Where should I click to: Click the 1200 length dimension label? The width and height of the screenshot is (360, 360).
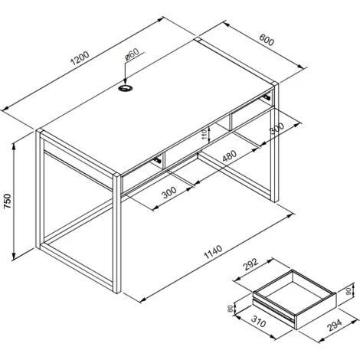point(80,58)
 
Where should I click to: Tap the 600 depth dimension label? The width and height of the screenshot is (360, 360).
point(267,40)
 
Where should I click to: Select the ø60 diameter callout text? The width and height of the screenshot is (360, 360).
point(132,54)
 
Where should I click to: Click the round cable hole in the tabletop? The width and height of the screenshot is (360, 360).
point(126,88)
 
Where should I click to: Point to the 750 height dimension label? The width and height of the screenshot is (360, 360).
point(8,201)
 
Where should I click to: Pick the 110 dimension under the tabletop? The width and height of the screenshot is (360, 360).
point(205,134)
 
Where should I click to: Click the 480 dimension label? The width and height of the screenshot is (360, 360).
point(229,156)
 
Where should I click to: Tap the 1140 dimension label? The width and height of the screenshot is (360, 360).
point(213,252)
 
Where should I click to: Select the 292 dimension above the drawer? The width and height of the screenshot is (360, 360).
point(250,265)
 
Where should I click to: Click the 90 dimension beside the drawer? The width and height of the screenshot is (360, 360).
point(349,290)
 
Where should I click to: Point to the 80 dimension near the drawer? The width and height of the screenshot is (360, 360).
point(231,309)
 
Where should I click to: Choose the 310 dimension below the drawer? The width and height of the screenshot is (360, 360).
point(258,322)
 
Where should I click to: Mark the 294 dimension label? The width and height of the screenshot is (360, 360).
point(335,326)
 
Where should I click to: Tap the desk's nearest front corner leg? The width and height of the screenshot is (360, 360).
point(116,233)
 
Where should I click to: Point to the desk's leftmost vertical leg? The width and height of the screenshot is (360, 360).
point(38,189)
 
